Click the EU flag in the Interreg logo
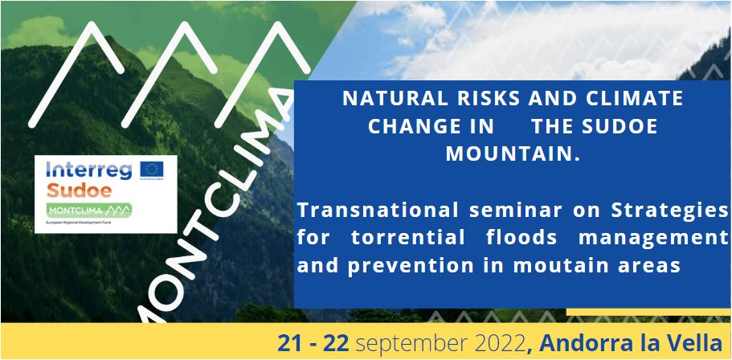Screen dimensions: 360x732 coord(151,170)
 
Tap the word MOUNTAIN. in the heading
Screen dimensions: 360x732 coord(513,153)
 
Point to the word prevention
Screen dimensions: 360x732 coord(412,265)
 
